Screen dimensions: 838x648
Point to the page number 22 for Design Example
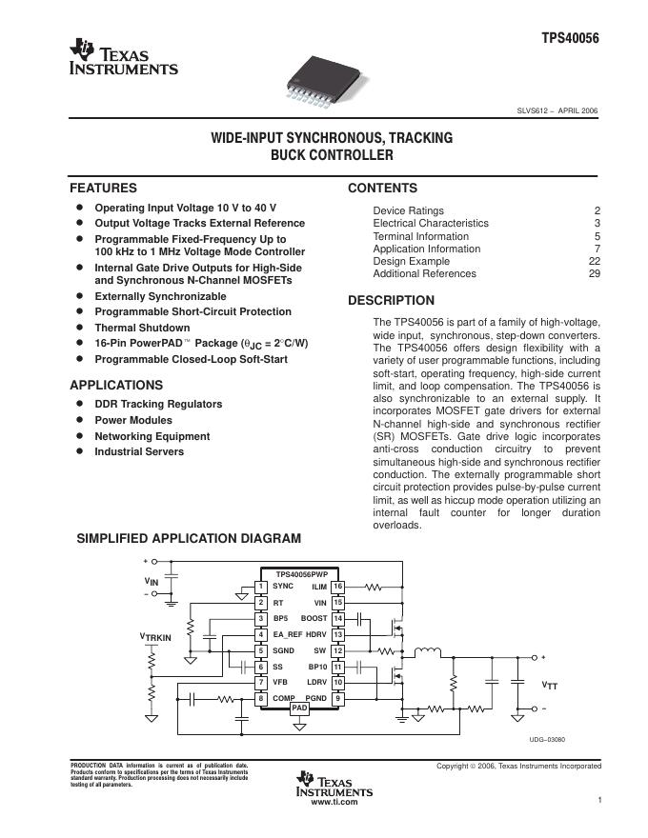(x=594, y=261)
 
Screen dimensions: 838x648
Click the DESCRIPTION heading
(x=391, y=301)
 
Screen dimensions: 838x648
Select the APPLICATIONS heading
(x=116, y=386)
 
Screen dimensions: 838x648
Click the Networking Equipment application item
(x=152, y=436)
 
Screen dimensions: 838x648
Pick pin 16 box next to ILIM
(x=337, y=586)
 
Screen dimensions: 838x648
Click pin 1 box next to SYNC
(x=261, y=586)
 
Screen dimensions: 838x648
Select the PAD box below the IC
(x=299, y=708)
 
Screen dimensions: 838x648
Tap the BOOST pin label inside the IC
(x=314, y=618)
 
